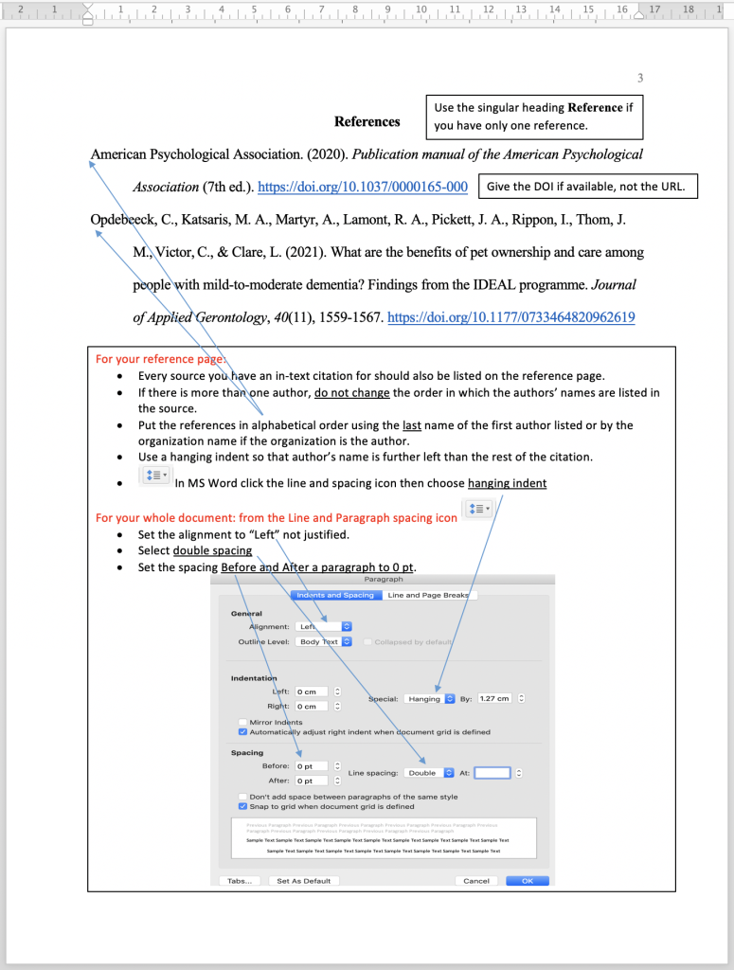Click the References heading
point(367,121)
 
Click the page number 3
point(640,78)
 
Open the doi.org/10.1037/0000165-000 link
point(363,187)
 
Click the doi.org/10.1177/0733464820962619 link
point(511,317)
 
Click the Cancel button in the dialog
point(476,881)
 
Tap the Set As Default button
point(303,881)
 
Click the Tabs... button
point(240,881)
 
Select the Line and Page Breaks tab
point(430,595)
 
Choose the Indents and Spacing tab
point(334,595)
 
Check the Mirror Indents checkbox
point(243,722)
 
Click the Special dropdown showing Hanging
point(430,698)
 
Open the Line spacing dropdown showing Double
point(428,773)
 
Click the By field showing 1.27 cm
point(494,698)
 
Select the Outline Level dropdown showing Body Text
point(324,641)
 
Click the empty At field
point(492,773)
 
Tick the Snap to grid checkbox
point(243,807)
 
